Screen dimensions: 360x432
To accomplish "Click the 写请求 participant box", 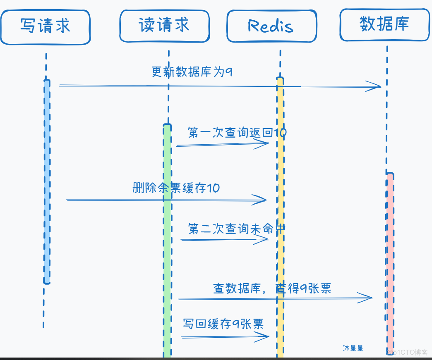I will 46,27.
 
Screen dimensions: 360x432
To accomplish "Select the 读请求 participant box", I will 164,26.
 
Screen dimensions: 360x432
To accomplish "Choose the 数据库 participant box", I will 384,24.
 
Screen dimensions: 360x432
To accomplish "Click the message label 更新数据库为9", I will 192,72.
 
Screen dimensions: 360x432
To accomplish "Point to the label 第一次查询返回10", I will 237,133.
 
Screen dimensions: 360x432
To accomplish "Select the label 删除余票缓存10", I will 176,188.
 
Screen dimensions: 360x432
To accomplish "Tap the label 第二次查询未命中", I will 237,229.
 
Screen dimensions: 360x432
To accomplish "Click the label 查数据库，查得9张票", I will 272,288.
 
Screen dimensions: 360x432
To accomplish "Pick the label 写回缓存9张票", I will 223,324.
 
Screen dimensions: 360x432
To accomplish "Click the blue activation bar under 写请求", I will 47,182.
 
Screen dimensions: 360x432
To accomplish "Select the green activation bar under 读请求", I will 167,240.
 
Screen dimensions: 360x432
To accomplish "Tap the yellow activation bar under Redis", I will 280,215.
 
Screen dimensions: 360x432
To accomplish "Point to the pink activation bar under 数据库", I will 390,260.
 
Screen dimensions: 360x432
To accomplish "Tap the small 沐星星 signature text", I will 353,348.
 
